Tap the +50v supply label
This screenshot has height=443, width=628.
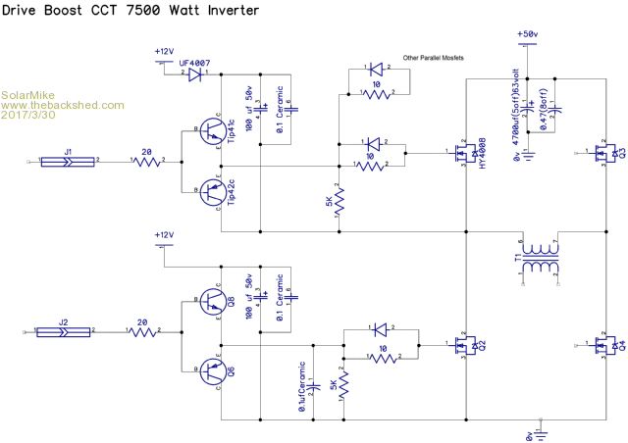[527, 35]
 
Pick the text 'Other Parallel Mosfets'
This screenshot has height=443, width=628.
[432, 58]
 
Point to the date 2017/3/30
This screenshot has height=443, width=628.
[29, 116]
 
